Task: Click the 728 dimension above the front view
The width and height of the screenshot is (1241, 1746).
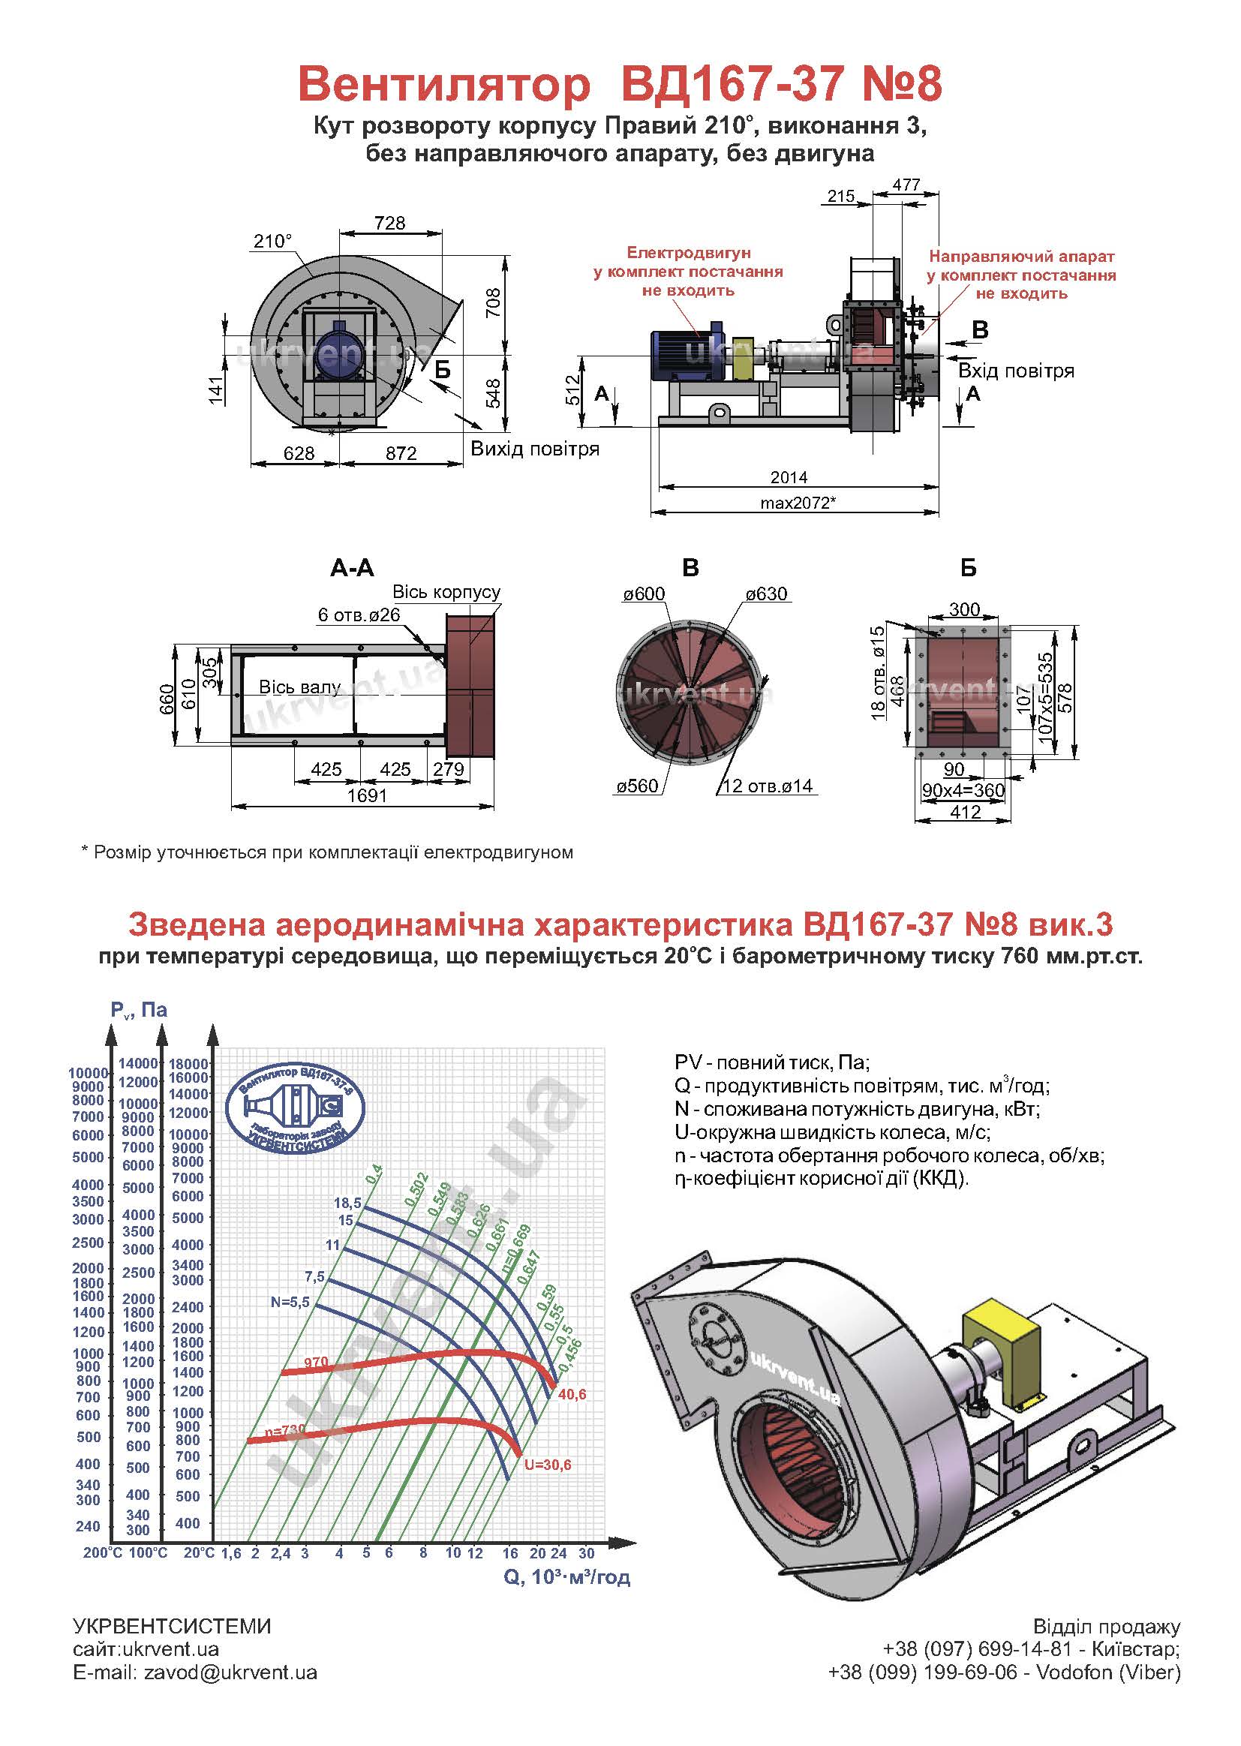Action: click(x=389, y=222)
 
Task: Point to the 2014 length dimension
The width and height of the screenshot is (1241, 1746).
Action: click(x=789, y=476)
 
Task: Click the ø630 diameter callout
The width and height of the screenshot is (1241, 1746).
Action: click(x=767, y=594)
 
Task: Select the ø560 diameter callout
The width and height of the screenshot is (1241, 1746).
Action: click(x=637, y=786)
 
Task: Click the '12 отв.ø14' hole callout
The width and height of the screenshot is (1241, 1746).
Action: click(x=768, y=786)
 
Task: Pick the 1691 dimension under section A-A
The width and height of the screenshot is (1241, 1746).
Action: click(x=368, y=795)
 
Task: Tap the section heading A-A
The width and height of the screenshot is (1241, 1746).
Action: click(x=353, y=568)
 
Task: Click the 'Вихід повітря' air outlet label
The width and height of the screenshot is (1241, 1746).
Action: click(x=535, y=449)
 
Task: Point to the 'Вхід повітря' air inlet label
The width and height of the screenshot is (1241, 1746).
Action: click(x=1017, y=371)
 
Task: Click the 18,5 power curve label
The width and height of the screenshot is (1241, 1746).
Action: click(x=347, y=1204)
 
